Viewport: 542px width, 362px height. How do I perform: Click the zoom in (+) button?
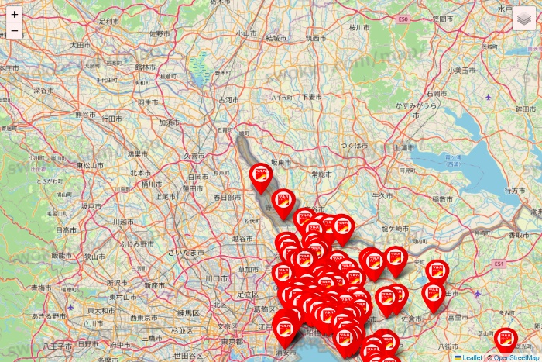pos(15,14)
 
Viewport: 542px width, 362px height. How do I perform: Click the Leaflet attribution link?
pos(470,357)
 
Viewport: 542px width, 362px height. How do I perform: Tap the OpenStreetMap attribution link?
pos(515,357)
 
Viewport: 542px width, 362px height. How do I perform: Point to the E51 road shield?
pos(499,264)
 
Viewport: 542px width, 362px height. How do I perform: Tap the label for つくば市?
pos(356,145)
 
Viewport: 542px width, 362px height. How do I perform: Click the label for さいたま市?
pos(190,253)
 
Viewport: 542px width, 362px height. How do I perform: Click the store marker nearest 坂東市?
pos(262,178)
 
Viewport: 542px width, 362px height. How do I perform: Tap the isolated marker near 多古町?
pos(506,340)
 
